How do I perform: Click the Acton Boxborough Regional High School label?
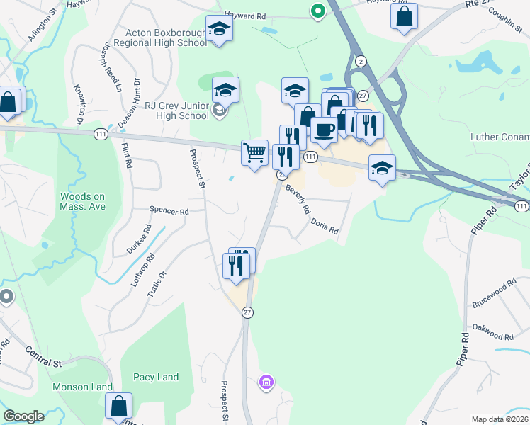166,38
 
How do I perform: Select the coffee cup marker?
324,130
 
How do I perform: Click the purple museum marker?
266,383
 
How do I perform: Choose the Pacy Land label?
155,377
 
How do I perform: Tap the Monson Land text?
82,387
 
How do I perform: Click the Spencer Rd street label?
169,211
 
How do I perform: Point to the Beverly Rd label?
298,199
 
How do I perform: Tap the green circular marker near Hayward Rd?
318,11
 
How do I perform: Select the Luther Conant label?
500,136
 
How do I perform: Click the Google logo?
23,416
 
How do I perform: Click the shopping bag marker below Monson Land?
118,407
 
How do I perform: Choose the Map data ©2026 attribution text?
500,419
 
